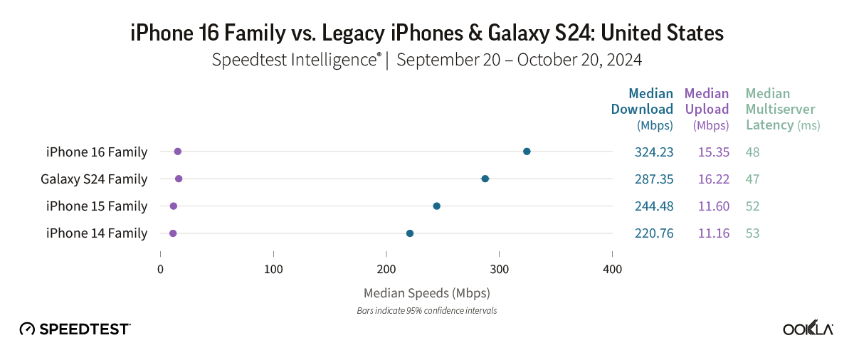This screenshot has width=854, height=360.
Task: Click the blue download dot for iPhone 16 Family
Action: pos(527,152)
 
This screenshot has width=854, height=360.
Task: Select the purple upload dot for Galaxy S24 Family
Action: pos(179,179)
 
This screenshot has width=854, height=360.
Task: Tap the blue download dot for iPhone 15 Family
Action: pos(437,206)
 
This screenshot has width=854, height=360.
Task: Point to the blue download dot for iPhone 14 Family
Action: pos(410,233)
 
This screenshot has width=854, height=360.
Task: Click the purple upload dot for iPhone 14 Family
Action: pos(173,233)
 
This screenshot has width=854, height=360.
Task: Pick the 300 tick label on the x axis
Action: pos(499,270)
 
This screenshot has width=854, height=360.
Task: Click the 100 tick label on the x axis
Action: pos(273,270)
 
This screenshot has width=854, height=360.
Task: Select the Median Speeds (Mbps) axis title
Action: pos(426,292)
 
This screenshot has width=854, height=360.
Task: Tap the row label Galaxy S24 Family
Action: pos(94,179)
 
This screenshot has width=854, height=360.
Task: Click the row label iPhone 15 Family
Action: pos(97,206)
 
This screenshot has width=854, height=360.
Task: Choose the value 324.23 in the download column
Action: pos(654,152)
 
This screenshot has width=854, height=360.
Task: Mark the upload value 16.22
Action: pos(713,179)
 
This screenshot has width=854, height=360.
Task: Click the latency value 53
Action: pos(753,233)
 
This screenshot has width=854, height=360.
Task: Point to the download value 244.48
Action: pos(654,206)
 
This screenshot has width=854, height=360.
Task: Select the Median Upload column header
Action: pos(707,109)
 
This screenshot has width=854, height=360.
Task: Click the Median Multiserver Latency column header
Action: pos(781,109)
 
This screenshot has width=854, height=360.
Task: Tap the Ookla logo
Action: pos(808,329)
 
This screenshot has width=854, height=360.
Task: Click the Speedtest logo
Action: pos(75,329)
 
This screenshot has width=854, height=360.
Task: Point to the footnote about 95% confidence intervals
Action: pos(426,311)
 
